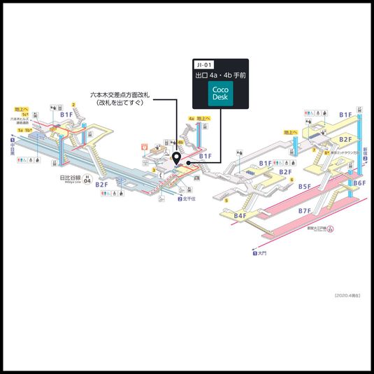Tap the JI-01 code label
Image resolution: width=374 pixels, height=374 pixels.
(x=205, y=64)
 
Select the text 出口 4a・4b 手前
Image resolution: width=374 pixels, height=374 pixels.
(x=219, y=75)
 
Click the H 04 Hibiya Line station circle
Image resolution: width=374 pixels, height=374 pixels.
(x=87, y=183)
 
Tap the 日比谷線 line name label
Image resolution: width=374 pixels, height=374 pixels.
(x=70, y=178)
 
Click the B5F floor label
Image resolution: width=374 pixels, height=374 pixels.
(x=305, y=187)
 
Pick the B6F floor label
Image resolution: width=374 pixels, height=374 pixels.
(x=359, y=183)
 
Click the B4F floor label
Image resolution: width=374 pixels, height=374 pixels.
(x=240, y=216)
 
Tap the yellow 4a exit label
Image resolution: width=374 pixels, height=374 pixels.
(x=190, y=119)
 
